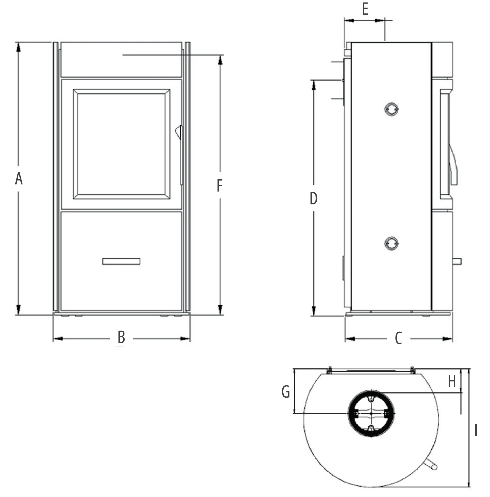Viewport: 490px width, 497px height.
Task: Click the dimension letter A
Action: (19, 179)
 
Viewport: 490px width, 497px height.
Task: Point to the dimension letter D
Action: (313, 198)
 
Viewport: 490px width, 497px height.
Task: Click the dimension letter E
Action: (365, 9)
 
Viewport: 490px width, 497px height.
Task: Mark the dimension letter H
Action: (452, 381)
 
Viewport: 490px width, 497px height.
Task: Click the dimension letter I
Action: (476, 430)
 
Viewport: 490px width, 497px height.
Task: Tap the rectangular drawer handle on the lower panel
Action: (121, 261)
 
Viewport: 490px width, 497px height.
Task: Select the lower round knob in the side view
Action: (391, 243)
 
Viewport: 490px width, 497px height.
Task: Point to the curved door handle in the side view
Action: (453, 165)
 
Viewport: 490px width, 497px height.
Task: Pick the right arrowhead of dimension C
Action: (447, 339)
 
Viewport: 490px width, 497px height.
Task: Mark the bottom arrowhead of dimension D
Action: (313, 310)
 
